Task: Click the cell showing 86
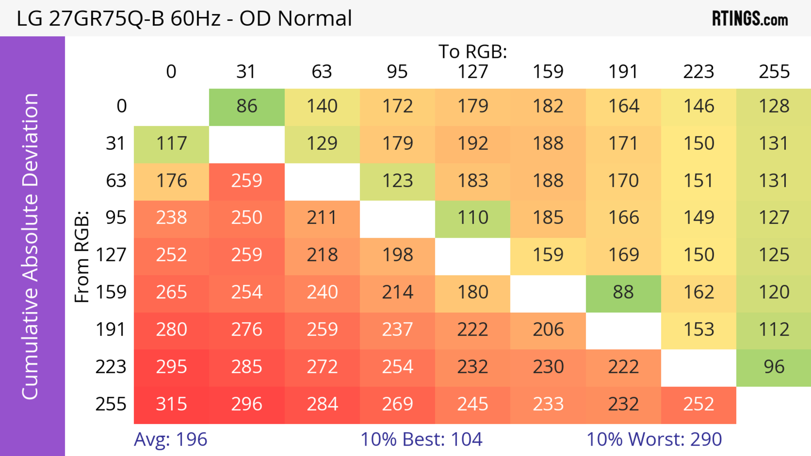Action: [x=247, y=106]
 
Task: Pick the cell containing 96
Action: [x=774, y=367]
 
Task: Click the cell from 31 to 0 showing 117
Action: [x=171, y=144]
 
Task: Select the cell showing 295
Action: [x=171, y=367]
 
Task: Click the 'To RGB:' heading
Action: [x=473, y=51]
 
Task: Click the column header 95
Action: [x=397, y=72]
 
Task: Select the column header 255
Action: [x=774, y=72]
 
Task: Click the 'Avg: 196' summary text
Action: [x=170, y=439]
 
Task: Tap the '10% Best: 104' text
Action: [x=421, y=439]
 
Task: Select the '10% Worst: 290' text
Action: [x=654, y=439]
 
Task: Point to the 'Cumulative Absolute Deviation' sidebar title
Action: [x=31, y=246]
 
